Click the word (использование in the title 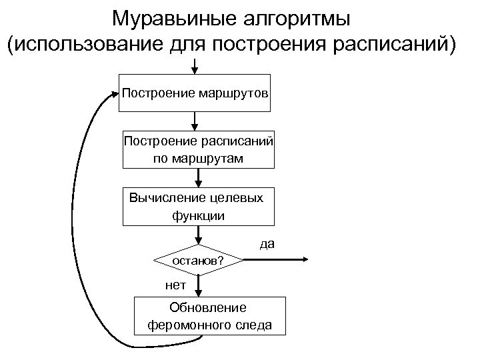coord(81,45)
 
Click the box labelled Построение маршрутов coord(195,93)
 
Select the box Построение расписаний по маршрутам coord(198,149)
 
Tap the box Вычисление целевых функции coord(198,206)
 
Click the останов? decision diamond coord(198,260)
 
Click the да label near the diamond coord(267,245)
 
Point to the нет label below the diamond coord(175,285)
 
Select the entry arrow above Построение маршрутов coord(194,66)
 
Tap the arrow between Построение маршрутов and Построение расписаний coord(195,121)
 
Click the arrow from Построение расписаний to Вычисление coord(198,177)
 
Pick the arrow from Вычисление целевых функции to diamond coord(198,235)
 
